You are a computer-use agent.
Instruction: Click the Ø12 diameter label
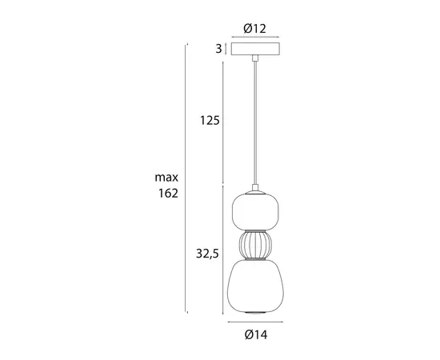coord(254,28)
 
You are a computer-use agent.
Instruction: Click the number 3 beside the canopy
coord(218,50)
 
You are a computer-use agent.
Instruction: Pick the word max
coord(167,177)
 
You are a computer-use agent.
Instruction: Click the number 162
coord(167,193)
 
